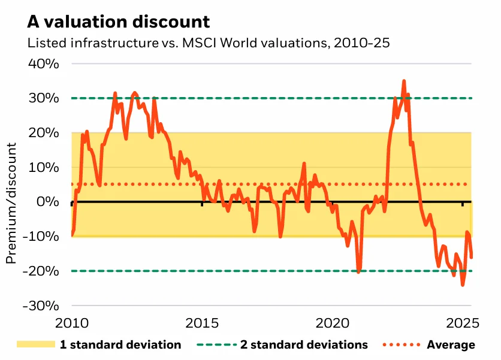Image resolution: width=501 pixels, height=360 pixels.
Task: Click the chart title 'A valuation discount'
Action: click(x=118, y=22)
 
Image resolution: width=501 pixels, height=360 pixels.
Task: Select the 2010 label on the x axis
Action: click(x=72, y=323)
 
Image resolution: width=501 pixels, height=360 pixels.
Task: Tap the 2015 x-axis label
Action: click(x=202, y=323)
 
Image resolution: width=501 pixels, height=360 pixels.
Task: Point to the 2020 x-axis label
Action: click(x=332, y=323)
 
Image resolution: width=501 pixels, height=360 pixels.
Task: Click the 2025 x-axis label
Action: click(x=461, y=323)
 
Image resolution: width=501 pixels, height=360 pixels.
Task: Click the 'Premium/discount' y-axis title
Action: click(x=11, y=202)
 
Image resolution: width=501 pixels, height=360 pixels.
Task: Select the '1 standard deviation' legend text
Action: click(x=120, y=344)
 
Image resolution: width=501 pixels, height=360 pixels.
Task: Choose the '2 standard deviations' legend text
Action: click(x=304, y=344)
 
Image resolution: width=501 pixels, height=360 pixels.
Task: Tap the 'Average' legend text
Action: click(x=451, y=344)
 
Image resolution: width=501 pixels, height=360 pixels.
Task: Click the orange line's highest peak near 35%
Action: click(x=404, y=81)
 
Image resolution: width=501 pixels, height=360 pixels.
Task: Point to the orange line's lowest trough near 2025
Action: click(x=462, y=285)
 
